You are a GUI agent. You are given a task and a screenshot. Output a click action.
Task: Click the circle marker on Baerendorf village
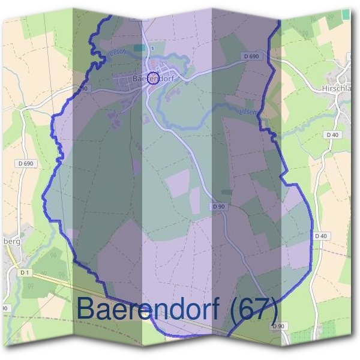153,78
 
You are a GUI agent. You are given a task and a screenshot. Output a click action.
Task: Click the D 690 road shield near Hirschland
252,56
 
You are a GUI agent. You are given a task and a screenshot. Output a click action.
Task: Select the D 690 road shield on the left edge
25,163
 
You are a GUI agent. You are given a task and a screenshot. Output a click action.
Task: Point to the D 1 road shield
25,272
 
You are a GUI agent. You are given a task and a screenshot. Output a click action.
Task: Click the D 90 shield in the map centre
218,206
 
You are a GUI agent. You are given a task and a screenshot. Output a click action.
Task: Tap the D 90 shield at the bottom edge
277,326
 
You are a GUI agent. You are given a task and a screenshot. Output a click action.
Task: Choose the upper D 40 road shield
332,135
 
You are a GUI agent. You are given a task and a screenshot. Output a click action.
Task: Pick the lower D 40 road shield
320,236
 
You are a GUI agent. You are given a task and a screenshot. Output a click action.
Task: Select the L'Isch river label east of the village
247,112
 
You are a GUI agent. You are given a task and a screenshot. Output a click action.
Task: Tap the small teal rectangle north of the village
139,47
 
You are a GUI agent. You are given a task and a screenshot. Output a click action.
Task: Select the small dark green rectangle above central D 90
226,192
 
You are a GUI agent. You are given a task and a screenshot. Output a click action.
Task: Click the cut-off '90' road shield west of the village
82,88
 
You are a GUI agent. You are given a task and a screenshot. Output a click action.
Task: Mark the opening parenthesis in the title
234,310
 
